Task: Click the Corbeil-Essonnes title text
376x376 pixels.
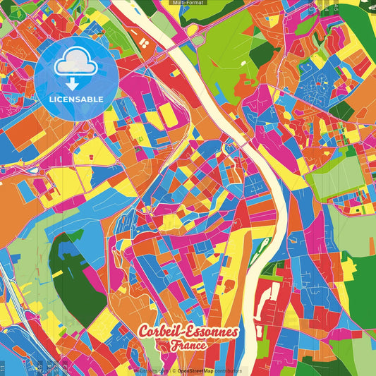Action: (188, 332)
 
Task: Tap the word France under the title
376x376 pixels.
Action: (188, 346)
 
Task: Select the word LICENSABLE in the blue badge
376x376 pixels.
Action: (76, 98)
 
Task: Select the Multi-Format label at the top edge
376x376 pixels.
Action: (188, 3)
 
